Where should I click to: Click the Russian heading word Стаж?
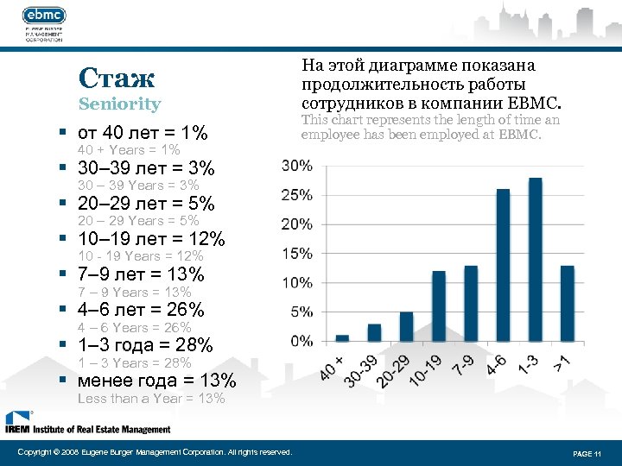[116, 79]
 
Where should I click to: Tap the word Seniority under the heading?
[119, 104]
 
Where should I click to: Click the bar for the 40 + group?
[342, 337]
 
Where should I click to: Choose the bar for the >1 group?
[567, 303]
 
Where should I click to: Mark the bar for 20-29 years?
[406, 326]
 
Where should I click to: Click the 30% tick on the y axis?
[297, 165]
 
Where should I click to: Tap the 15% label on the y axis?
[297, 254]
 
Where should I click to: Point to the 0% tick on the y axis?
[301, 342]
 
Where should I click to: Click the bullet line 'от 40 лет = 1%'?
[142, 134]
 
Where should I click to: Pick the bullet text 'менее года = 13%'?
[156, 381]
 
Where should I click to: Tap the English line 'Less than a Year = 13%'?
[151, 399]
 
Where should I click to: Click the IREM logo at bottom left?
[86, 423]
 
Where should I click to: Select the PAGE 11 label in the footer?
[587, 453]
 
